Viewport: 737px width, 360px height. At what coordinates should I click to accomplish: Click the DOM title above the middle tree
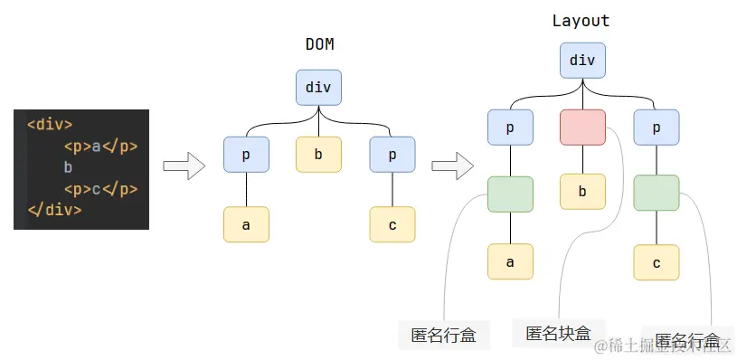pos(318,43)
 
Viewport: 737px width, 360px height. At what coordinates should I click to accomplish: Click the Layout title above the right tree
pos(581,21)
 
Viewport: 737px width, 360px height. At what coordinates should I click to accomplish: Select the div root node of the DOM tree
pos(318,88)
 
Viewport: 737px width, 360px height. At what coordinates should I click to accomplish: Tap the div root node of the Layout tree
pos(582,61)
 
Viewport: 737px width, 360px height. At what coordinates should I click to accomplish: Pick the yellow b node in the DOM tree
pos(318,155)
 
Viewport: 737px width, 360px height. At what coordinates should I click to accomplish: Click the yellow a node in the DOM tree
pos(246,224)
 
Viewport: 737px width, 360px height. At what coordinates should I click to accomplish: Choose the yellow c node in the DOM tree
pos(392,224)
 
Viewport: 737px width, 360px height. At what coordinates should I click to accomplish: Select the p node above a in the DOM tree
pos(246,155)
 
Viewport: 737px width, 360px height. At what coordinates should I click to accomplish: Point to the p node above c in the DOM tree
pos(392,155)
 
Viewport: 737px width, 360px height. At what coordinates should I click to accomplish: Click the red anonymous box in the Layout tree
pos(582,128)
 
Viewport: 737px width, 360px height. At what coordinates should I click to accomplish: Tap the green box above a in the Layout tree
pos(510,194)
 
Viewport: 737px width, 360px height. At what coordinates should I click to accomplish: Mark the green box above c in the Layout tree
pos(657,194)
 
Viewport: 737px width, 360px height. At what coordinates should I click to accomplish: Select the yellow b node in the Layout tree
pos(582,192)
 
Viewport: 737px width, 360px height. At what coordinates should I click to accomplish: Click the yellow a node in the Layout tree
pos(510,261)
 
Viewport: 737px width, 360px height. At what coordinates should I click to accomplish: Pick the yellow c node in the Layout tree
pos(657,261)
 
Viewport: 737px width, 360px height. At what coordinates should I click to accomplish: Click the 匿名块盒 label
pos(558,333)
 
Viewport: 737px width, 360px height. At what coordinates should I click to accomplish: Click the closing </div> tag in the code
pos(54,210)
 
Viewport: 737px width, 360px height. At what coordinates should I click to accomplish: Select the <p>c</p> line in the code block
pos(100,189)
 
